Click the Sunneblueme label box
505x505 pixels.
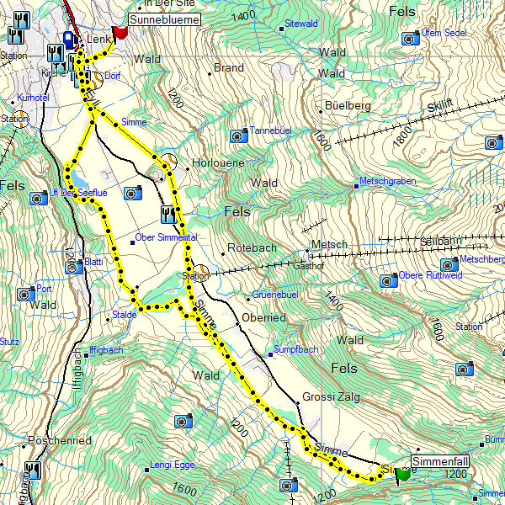(x=162, y=19)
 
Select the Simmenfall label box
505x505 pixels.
(x=439, y=462)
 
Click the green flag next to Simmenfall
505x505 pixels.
(x=401, y=473)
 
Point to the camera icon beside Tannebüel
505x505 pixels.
(x=239, y=136)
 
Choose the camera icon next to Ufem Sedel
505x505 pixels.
(x=410, y=38)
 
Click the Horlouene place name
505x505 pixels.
(x=218, y=162)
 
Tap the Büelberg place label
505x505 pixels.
(x=348, y=106)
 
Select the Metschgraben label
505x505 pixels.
(x=387, y=181)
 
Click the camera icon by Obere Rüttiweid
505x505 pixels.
(x=387, y=280)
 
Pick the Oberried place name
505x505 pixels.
(x=263, y=317)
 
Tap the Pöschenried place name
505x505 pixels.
(x=59, y=440)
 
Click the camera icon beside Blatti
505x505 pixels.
(x=72, y=266)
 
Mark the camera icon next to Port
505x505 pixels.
(x=24, y=294)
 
